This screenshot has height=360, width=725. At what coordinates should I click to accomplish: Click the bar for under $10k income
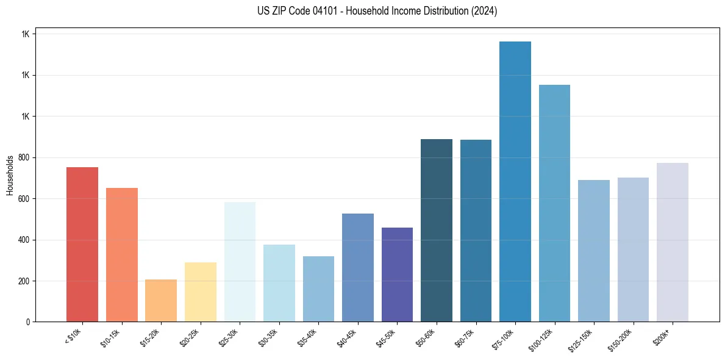click(x=82, y=244)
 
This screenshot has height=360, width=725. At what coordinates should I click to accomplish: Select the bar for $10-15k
click(x=121, y=254)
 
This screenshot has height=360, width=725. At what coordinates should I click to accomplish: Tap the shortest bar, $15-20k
click(x=161, y=300)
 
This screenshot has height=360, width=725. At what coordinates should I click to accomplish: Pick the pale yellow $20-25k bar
click(x=200, y=292)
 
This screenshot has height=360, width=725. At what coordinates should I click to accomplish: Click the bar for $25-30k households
click(x=240, y=262)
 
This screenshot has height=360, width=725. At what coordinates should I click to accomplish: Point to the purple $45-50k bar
click(x=397, y=275)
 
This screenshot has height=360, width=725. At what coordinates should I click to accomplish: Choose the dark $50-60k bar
click(x=437, y=230)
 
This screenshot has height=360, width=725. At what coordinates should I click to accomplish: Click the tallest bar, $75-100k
click(x=515, y=181)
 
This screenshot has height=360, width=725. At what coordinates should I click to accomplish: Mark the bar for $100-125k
click(x=554, y=203)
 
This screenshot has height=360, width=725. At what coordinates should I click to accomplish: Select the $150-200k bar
click(x=633, y=250)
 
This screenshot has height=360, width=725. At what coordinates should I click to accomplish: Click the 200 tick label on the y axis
click(x=23, y=281)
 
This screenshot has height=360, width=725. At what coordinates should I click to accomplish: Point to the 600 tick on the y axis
click(x=23, y=199)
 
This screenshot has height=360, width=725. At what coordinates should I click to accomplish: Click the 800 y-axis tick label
click(x=23, y=157)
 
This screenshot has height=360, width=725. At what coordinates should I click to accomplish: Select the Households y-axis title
click(x=10, y=175)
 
